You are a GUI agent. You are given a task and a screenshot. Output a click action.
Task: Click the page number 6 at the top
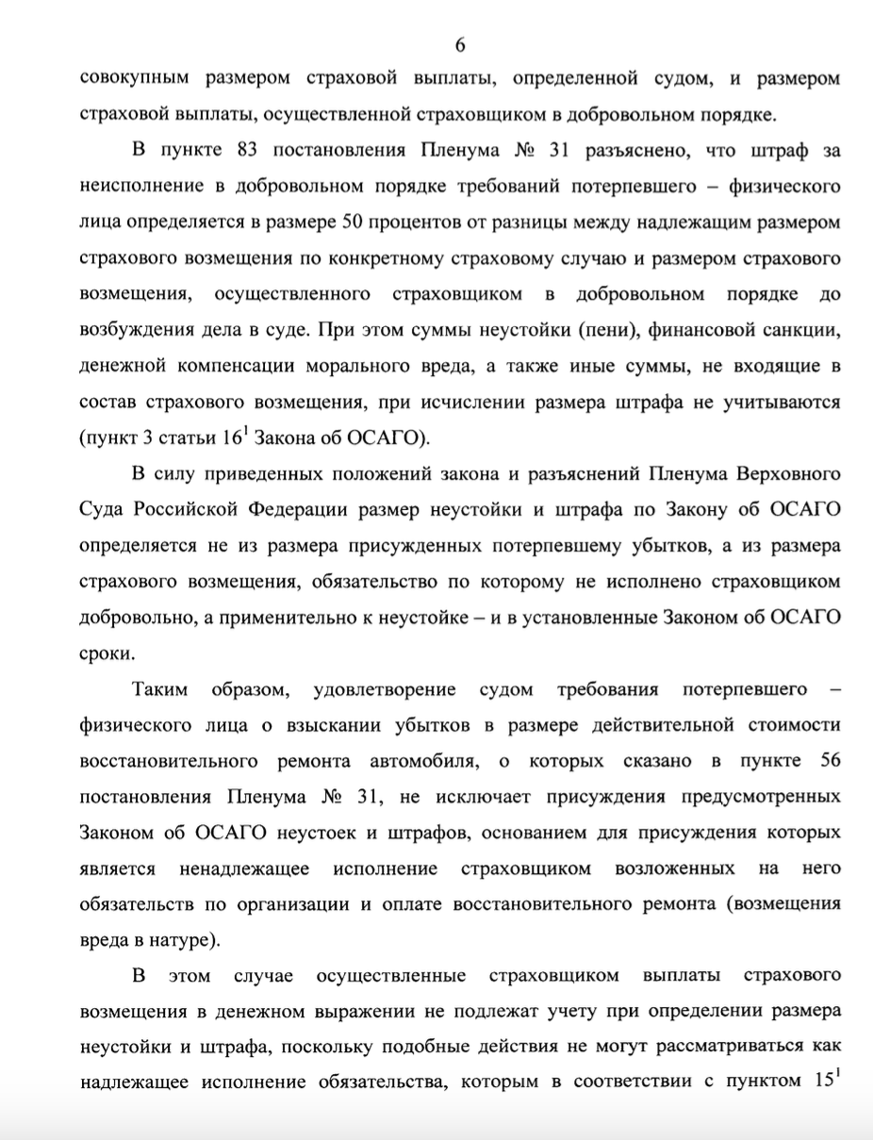(461, 45)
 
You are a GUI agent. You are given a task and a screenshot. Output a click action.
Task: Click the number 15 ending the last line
(822, 1082)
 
